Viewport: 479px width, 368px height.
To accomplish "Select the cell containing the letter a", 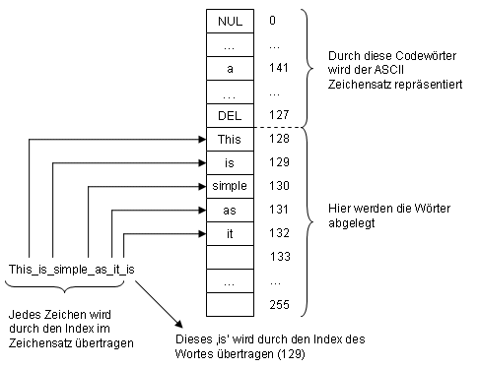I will tap(229, 70).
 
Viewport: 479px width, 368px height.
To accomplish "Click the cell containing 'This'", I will tap(229, 141).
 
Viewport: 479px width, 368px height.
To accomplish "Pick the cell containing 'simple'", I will tap(229, 186).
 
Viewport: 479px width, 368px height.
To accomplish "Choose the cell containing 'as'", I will tap(229, 209).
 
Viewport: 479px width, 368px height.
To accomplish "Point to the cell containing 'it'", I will tap(229, 232).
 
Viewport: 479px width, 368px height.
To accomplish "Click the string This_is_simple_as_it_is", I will tap(70, 269).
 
